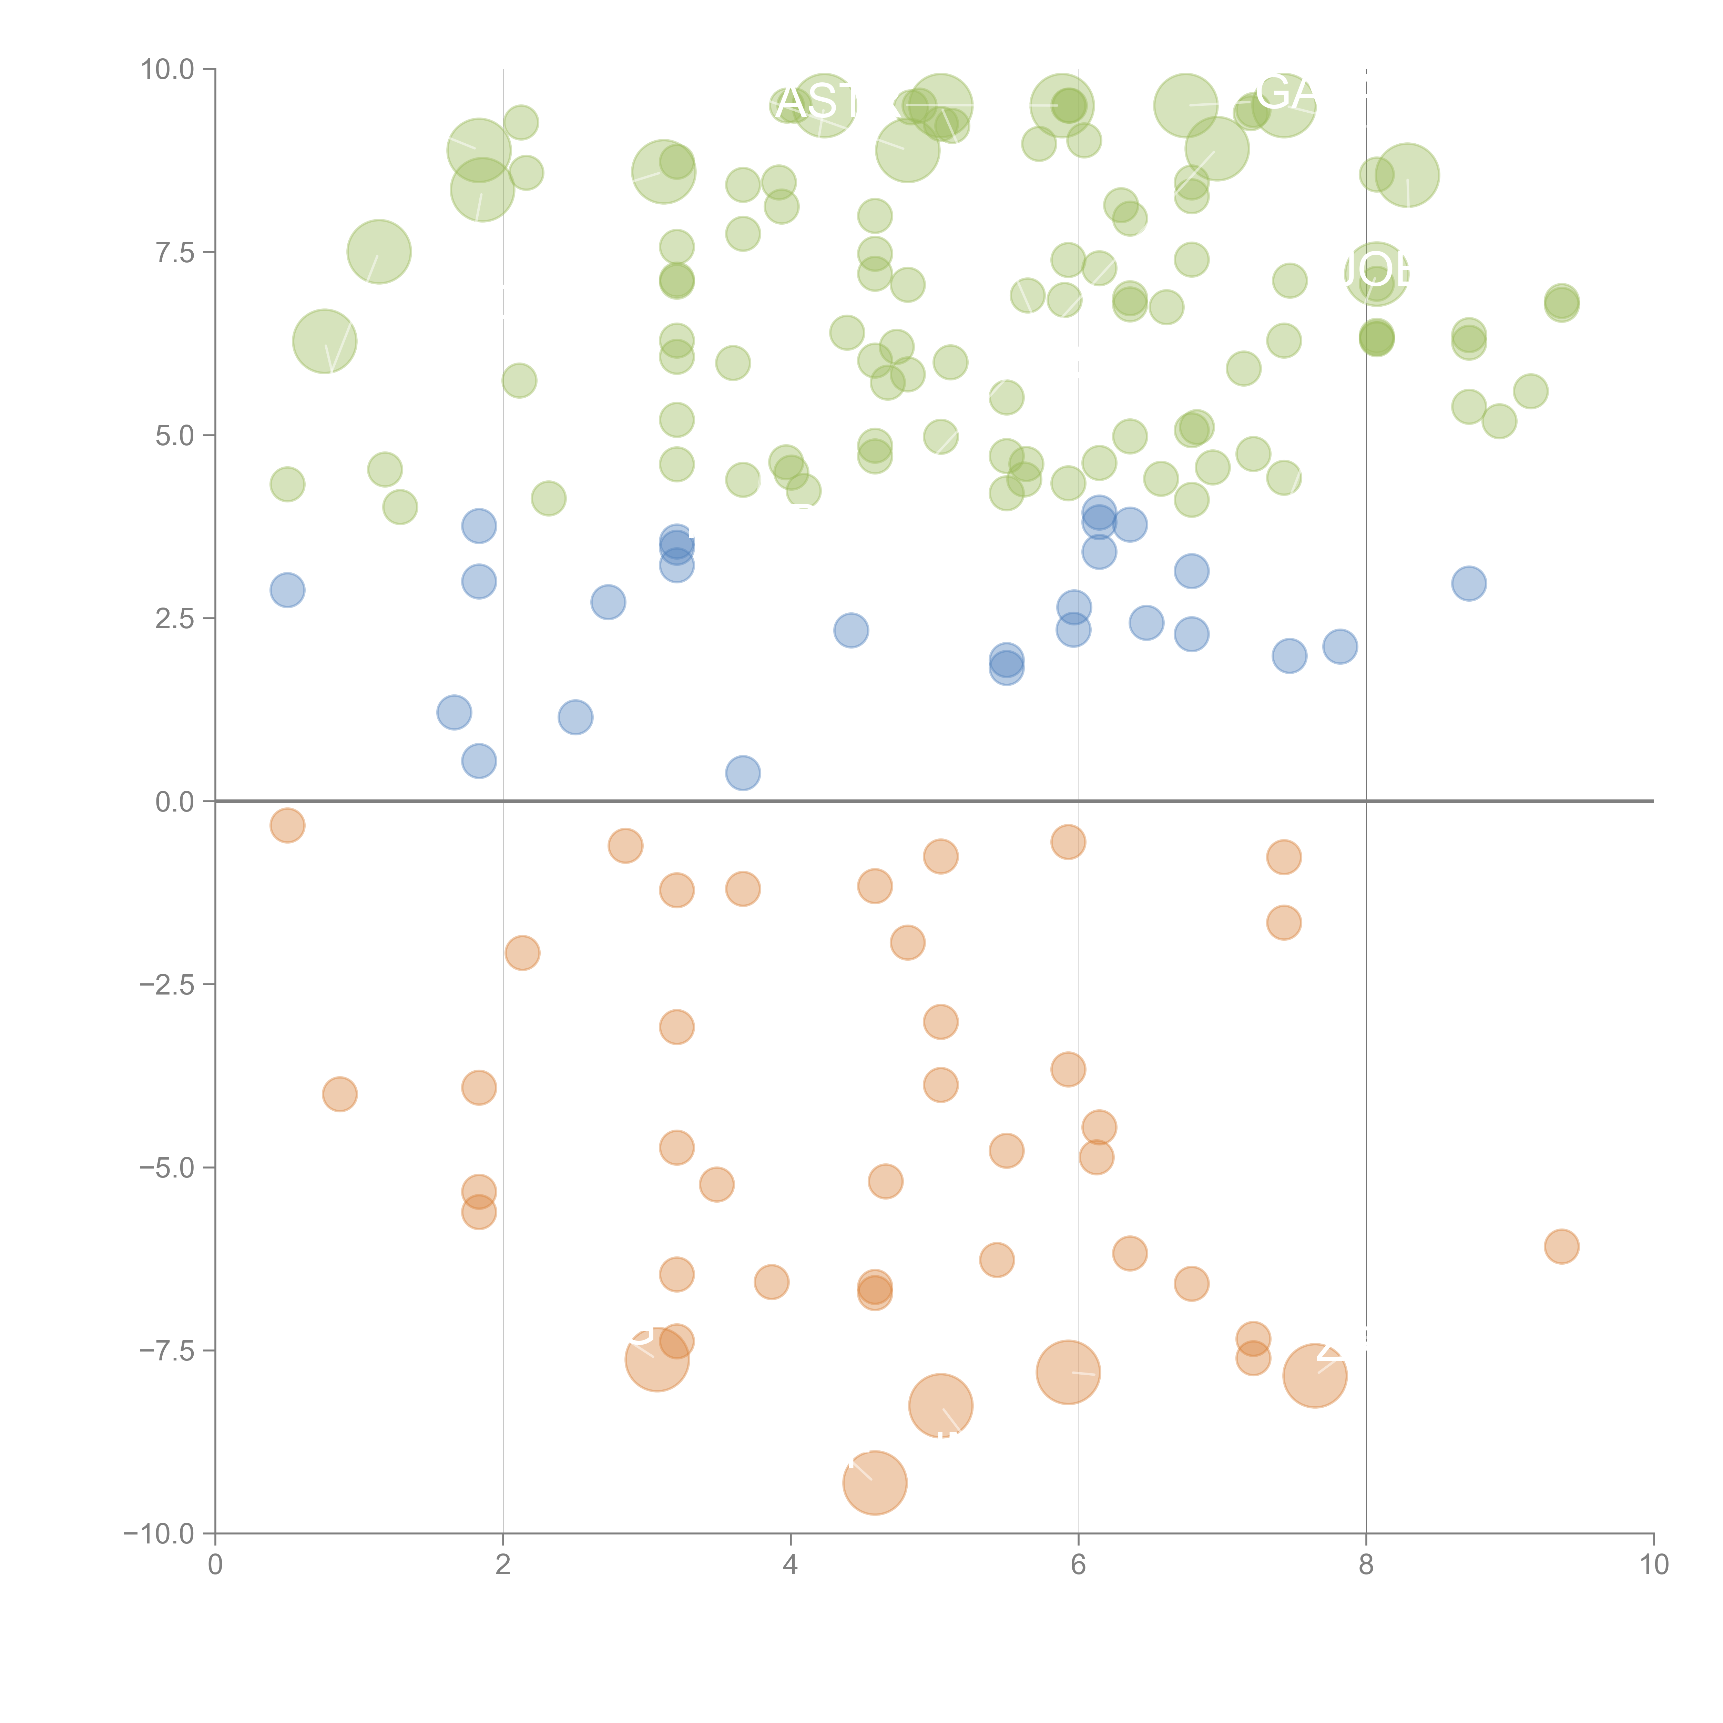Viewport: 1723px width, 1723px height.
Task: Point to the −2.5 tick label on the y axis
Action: pos(167,985)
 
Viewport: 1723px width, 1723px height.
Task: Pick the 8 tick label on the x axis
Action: pos(1366,1565)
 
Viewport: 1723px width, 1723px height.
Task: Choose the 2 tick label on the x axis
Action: pos(503,1565)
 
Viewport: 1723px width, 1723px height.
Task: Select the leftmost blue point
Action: pos(287,590)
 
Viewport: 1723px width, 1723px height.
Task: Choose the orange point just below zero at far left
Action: pos(287,826)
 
